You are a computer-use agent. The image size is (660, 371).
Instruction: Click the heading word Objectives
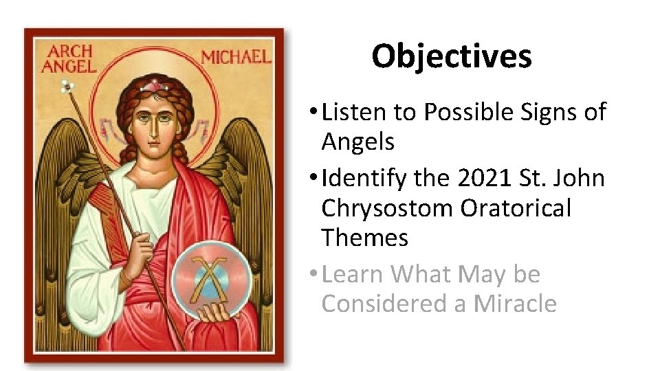tap(452, 56)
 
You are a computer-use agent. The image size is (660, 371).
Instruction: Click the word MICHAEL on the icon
tap(236, 57)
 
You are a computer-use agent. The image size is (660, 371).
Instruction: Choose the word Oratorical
tap(516, 208)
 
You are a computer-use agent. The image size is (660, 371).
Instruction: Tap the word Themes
tap(364, 238)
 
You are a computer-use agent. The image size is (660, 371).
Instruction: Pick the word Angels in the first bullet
tap(357, 142)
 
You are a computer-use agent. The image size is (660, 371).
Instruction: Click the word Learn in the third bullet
tap(353, 274)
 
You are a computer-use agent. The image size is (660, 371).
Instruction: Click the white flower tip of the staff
tap(67, 87)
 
